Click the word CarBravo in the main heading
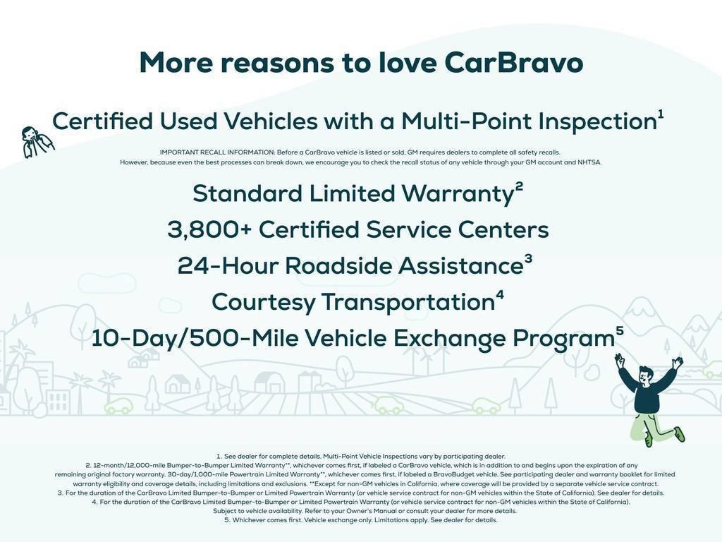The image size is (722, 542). coord(514,63)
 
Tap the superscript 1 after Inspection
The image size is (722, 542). coord(661,114)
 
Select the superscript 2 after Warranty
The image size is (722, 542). coord(519,186)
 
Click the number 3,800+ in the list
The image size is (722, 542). coord(209,230)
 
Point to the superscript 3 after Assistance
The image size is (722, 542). coord(528,259)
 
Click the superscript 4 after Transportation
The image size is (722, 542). coord(500,295)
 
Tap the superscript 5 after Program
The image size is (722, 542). coord(620,331)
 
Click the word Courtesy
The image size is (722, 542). coord(263,303)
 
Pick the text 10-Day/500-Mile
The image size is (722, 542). coord(192,339)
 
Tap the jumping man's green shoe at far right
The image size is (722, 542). coord(679,434)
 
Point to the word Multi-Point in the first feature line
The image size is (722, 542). coord(466,121)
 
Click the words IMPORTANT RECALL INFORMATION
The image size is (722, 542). coord(217,152)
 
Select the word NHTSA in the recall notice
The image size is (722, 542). coord(589,162)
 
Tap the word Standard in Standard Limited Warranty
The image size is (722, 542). coord(247,193)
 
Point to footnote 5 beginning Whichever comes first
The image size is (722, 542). coord(360,520)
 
